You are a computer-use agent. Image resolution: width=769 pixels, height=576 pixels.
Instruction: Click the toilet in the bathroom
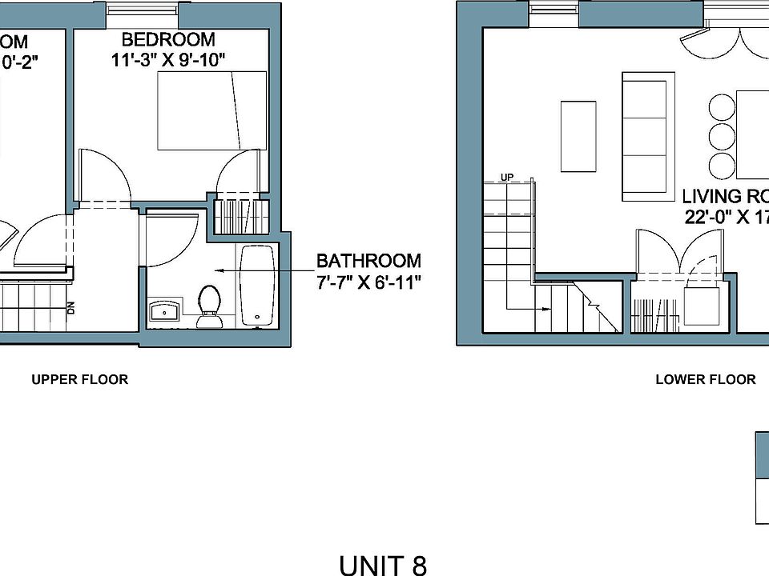[210, 305]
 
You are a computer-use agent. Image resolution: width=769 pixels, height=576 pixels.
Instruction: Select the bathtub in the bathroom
[256, 286]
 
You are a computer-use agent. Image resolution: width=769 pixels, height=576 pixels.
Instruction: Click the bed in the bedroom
[212, 110]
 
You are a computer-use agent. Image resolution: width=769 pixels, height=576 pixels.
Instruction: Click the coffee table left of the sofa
[578, 136]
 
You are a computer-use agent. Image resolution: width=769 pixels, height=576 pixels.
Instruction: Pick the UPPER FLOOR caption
[79, 379]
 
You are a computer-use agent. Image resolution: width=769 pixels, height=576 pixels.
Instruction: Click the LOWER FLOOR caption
[705, 379]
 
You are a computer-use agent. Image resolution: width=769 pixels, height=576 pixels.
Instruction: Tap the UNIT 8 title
[383, 565]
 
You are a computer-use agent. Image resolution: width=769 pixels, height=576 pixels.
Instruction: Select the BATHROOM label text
[368, 261]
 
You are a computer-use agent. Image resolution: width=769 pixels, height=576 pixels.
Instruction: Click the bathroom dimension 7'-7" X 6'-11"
[368, 282]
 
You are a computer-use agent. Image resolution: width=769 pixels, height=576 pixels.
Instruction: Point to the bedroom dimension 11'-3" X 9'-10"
[168, 59]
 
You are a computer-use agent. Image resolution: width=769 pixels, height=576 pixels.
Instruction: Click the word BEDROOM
[168, 39]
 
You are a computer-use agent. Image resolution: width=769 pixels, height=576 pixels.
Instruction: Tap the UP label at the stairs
[506, 176]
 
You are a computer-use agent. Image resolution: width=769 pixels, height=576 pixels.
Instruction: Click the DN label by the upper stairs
[70, 307]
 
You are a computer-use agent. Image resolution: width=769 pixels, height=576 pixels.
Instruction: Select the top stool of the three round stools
[721, 107]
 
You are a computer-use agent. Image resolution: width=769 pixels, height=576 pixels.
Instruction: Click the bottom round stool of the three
[721, 165]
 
